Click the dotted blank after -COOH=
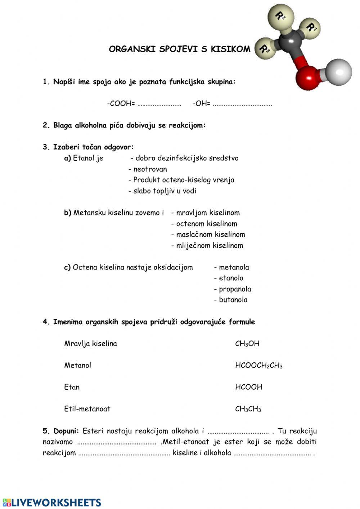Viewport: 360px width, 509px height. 159,104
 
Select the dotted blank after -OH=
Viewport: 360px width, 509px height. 242,104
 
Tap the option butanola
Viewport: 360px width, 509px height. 233,300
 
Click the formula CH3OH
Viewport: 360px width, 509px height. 247,344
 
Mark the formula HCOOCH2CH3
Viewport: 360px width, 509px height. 258,366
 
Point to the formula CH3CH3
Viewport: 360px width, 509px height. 248,409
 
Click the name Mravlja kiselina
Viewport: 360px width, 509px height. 90,344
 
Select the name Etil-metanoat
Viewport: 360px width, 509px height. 87,409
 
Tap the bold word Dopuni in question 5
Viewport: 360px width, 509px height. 65,431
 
